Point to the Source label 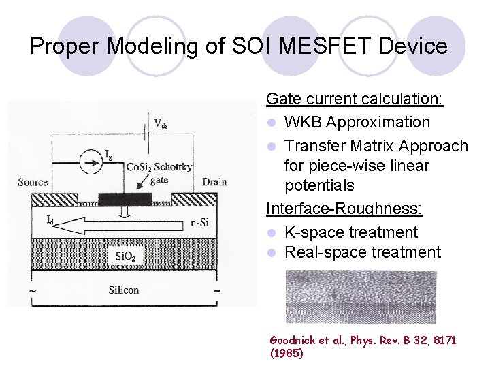click(x=33, y=183)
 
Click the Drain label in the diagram click(x=215, y=183)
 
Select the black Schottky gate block click(x=125, y=199)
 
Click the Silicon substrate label click(x=124, y=290)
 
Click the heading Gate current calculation click(x=355, y=99)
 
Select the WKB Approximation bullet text click(x=357, y=123)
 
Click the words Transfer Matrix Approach click(x=376, y=146)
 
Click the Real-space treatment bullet click(x=362, y=252)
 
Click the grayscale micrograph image click(x=361, y=296)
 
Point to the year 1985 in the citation click(x=287, y=354)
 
